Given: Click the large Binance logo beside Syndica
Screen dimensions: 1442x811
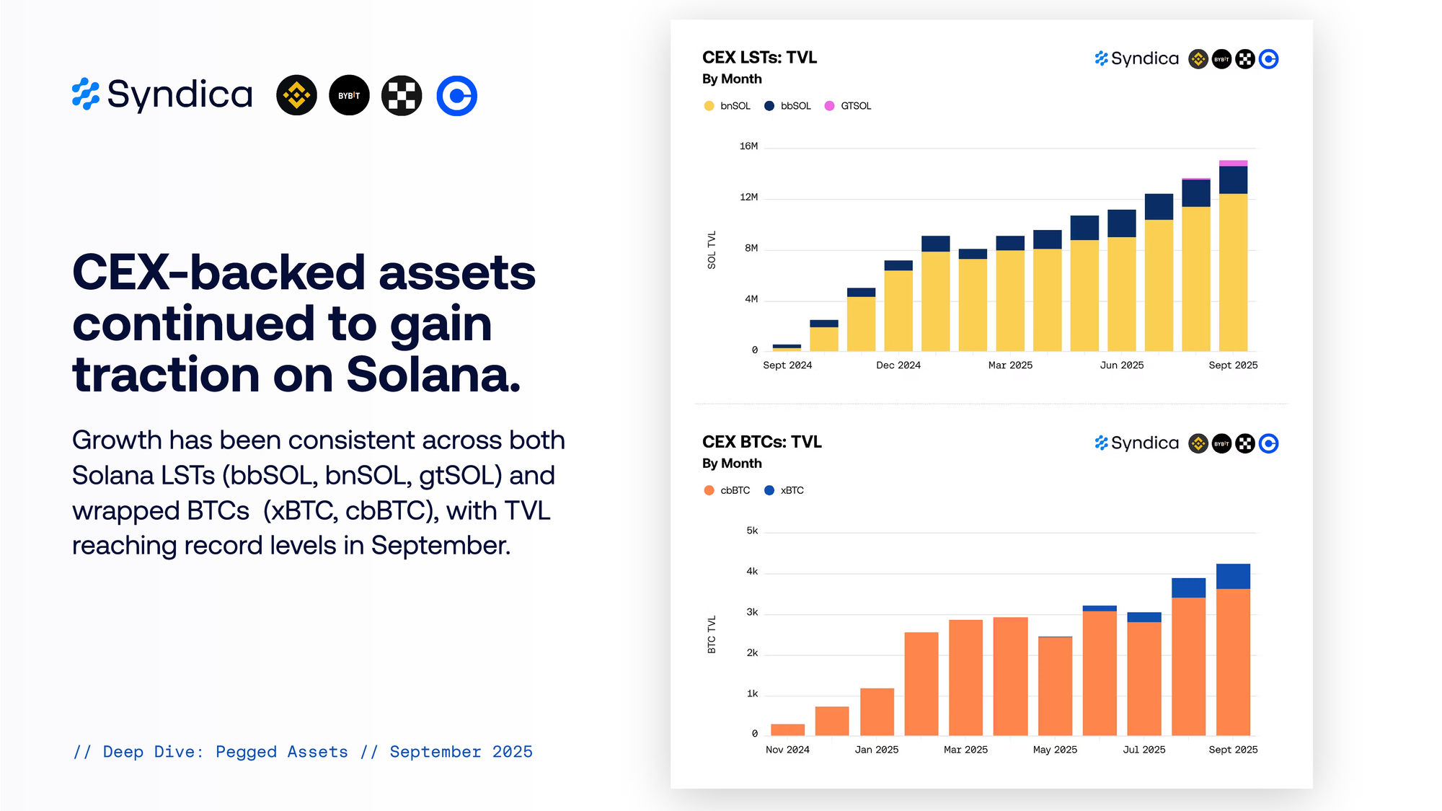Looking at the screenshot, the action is (x=296, y=95).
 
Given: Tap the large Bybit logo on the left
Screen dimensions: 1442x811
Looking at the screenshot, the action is (x=349, y=95).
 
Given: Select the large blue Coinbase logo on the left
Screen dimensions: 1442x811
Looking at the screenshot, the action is (x=457, y=95).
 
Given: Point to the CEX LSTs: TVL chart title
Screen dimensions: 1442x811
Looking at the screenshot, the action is (x=759, y=58).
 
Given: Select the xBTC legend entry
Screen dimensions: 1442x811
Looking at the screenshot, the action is (x=784, y=490).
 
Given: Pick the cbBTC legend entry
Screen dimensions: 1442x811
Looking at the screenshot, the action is (x=727, y=490).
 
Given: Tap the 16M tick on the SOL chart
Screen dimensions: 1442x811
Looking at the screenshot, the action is (x=748, y=146).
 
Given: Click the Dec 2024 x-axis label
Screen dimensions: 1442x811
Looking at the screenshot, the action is (x=898, y=365).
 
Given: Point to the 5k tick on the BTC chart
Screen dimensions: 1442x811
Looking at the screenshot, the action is (x=752, y=531).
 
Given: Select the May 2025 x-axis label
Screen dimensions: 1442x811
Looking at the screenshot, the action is (x=1055, y=750).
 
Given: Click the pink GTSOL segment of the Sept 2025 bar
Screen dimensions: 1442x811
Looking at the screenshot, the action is (x=1233, y=164).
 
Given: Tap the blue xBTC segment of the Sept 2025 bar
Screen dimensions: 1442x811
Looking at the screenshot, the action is (x=1233, y=577).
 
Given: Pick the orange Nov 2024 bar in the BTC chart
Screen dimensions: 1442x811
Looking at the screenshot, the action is (x=787, y=730).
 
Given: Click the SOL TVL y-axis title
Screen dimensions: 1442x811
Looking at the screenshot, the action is (x=712, y=250).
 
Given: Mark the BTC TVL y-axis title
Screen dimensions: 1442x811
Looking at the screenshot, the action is (x=712, y=634).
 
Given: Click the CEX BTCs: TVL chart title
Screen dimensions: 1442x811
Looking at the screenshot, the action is (x=761, y=442).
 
